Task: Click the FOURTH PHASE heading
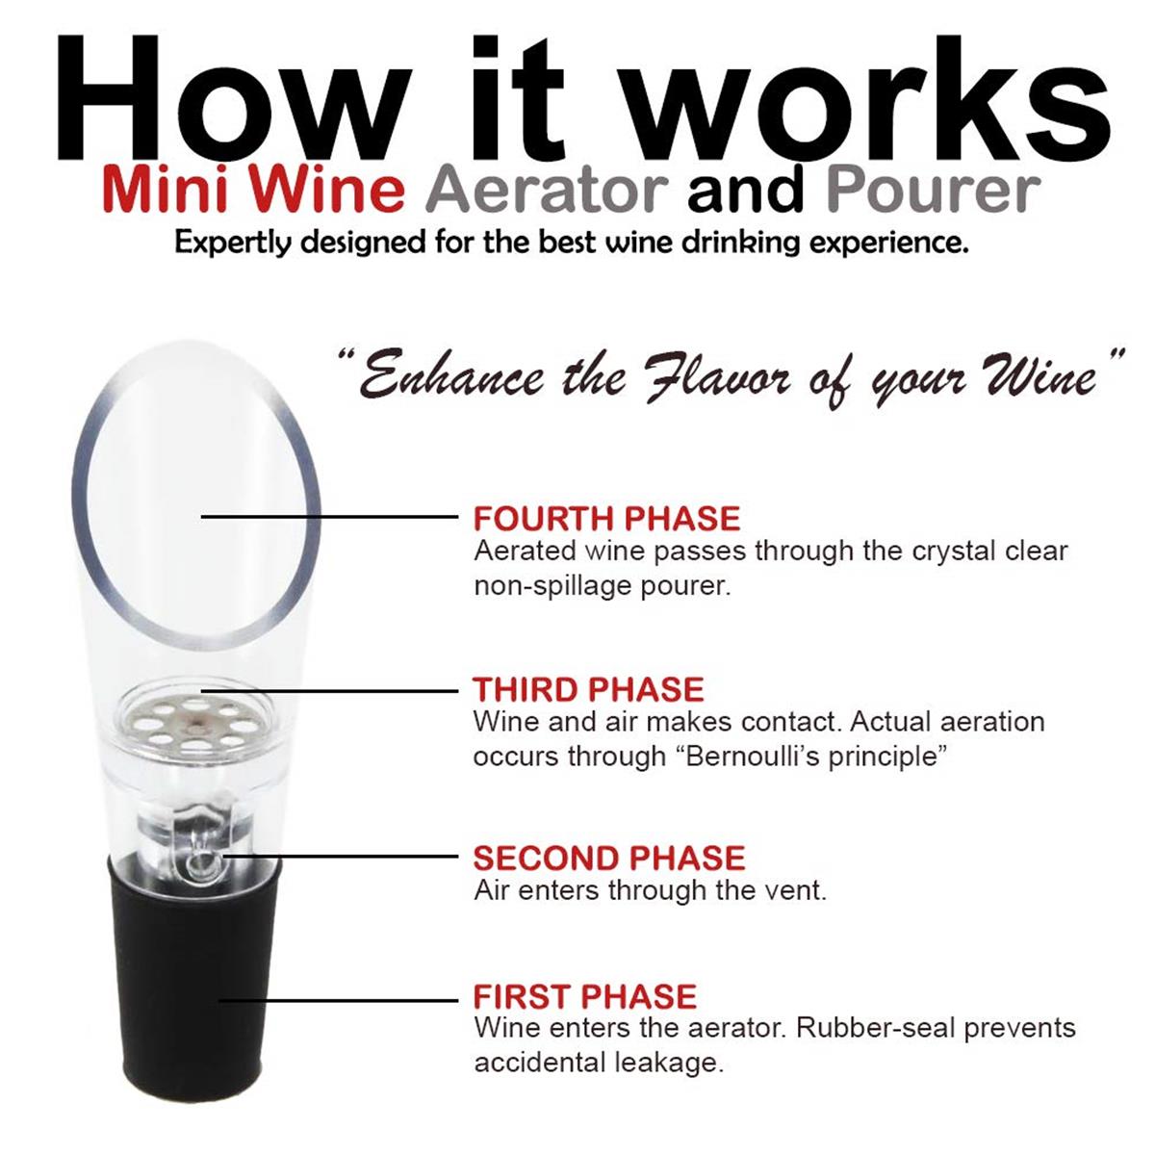tap(607, 519)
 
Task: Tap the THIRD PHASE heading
tap(588, 689)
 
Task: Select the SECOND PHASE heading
tap(609, 858)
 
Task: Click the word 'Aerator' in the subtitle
tap(547, 191)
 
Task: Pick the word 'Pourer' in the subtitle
tap(934, 191)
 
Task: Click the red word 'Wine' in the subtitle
tap(327, 191)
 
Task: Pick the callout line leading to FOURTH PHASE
tap(330, 516)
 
